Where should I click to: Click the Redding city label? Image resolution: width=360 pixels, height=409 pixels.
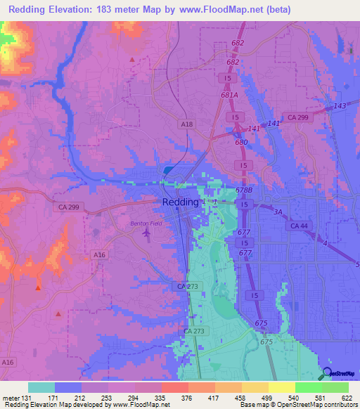click(181, 202)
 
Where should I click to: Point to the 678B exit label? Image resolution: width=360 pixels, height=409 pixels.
click(244, 190)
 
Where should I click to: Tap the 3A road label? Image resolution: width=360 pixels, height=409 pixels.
click(278, 211)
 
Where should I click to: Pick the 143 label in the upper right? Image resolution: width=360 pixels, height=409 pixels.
click(340, 105)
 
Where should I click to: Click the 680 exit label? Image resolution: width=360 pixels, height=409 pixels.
click(241, 143)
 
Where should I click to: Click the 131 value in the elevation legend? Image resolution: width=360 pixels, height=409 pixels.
click(27, 398)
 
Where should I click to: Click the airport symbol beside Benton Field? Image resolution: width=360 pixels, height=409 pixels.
click(146, 233)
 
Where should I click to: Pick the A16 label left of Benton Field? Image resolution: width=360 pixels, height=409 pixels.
click(99, 255)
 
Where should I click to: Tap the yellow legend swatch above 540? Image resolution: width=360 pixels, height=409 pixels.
click(281, 388)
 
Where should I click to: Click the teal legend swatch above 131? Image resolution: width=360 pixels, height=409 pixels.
click(41, 388)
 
